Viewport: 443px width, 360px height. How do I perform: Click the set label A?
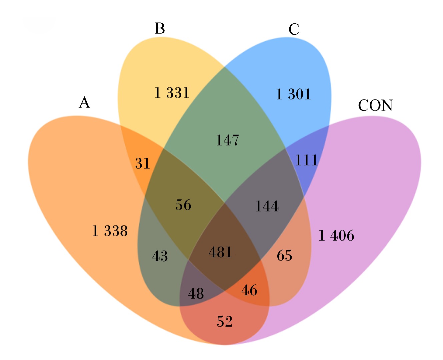pos(84,102)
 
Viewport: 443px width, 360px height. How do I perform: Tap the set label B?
pos(160,28)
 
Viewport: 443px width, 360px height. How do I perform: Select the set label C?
pos(294,29)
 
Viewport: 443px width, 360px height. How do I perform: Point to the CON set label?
pos(375,105)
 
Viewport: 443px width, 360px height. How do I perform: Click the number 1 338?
pos(110,231)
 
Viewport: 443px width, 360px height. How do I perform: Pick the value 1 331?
pos(172,93)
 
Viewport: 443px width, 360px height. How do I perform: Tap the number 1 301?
pos(293,94)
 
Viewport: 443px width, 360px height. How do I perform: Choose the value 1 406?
pos(336,236)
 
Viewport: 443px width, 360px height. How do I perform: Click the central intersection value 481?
pos(220,252)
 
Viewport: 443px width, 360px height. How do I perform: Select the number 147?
pos(228,140)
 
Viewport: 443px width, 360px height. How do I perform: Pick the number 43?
pos(160,256)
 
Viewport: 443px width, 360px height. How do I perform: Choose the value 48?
pos(196,294)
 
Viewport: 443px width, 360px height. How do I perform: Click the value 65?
pos(285,255)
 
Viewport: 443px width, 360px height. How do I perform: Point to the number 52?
pos(225,321)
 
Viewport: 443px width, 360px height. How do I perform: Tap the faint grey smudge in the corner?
pos(39,25)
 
